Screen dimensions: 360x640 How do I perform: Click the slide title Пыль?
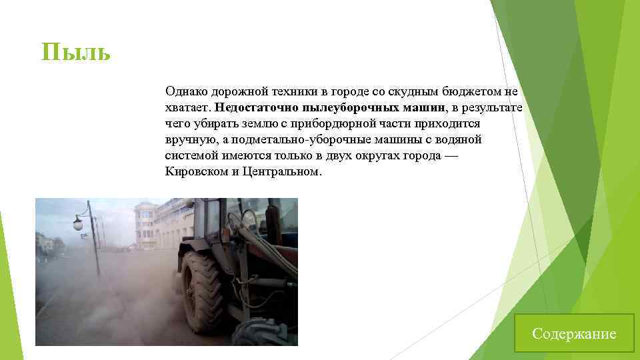75,51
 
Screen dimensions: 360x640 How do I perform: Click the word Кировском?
194,171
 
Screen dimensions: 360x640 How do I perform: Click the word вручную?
189,139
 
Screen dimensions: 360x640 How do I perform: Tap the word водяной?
459,139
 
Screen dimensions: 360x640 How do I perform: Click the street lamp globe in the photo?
78,224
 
